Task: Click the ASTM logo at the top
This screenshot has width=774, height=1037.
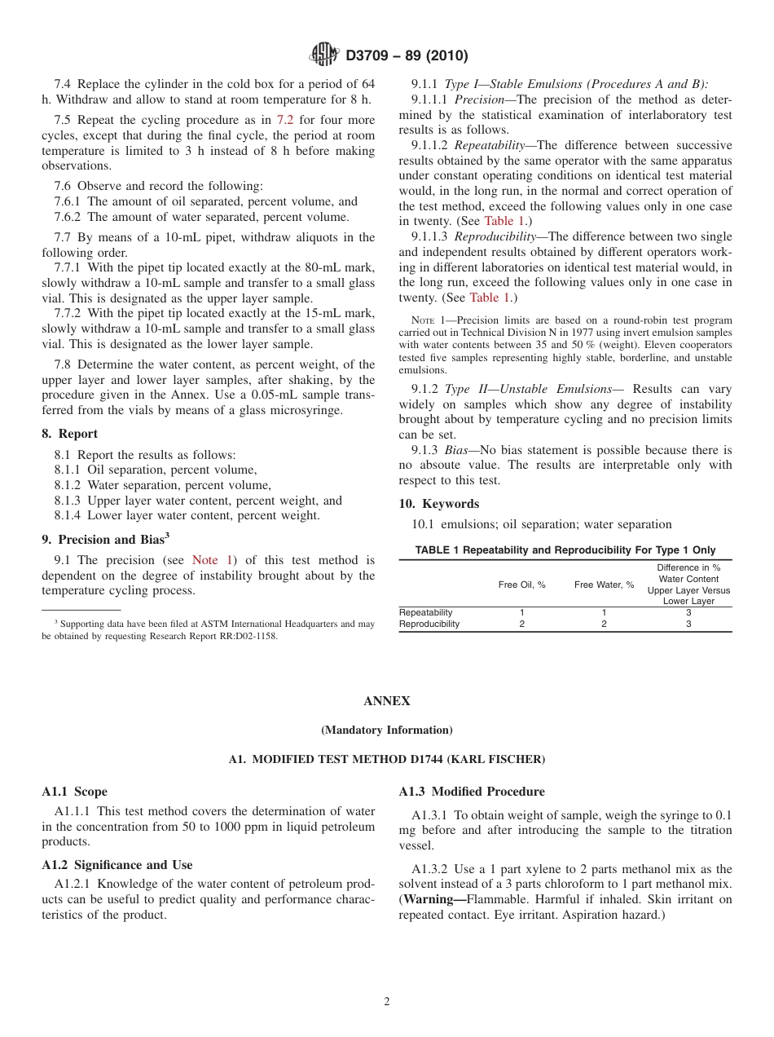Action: point(326,55)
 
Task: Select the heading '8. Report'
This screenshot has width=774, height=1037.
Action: point(69,434)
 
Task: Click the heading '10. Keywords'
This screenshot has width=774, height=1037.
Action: point(438,504)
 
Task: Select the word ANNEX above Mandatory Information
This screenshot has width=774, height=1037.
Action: point(386,701)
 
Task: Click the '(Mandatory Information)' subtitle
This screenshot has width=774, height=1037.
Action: point(386,730)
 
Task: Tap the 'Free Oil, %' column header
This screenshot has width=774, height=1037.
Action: point(521,585)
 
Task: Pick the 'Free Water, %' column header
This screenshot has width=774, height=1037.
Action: point(604,585)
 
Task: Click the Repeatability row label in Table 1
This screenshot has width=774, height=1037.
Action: point(425,612)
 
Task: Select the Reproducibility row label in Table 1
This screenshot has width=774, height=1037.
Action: point(429,624)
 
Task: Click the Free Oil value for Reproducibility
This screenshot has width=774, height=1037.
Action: point(521,624)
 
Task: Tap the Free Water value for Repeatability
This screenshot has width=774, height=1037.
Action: point(604,612)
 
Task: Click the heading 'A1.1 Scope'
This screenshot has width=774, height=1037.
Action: point(74,792)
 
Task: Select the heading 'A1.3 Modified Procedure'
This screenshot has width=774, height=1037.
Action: point(472,792)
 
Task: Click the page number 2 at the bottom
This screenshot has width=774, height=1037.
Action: point(387,1002)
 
